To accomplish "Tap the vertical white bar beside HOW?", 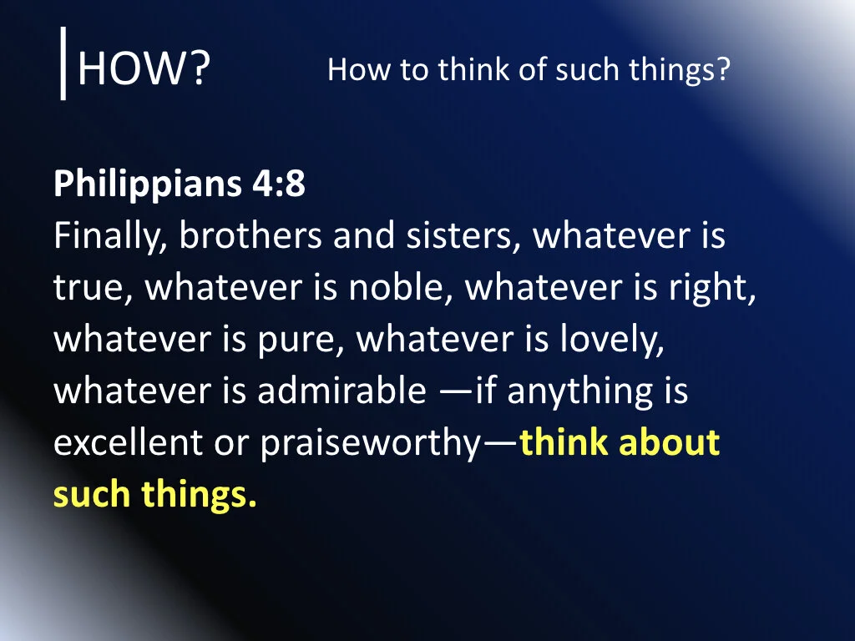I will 63,62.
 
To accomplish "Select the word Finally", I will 109,237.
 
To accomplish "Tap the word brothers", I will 250,236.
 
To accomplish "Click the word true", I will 93,288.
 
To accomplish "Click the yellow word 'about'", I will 669,443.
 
